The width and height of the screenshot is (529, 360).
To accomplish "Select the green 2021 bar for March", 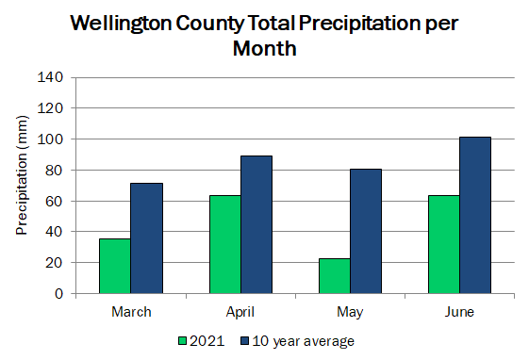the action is point(115,266).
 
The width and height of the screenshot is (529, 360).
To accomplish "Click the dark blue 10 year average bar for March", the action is point(147,238).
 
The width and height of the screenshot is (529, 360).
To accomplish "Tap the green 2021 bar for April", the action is point(225,244).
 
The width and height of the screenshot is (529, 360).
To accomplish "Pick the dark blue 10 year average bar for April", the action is point(256,224).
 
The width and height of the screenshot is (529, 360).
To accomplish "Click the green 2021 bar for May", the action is point(335,276).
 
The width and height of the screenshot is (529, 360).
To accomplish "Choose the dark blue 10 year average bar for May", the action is point(366,231).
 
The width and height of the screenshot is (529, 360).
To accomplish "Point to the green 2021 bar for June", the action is point(444,244).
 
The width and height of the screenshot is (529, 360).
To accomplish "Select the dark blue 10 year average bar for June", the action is point(475,216).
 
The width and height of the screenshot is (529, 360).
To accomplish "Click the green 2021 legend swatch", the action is point(183,341).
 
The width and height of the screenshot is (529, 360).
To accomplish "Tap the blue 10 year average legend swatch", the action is point(245,341).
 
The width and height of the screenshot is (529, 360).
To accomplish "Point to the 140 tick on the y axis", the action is point(50,77).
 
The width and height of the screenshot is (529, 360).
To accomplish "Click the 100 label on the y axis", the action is point(50,139).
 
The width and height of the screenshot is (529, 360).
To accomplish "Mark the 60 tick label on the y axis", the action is point(55,202).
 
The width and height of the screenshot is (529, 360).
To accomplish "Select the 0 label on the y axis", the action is point(59,294).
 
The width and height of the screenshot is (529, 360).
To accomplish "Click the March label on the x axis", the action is point(131,312).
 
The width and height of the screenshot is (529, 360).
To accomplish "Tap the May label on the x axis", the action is point(350,313).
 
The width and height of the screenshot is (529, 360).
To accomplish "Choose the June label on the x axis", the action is point(459,312).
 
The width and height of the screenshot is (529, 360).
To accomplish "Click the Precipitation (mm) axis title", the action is point(22,175).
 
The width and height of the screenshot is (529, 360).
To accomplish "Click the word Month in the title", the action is point(264,48).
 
